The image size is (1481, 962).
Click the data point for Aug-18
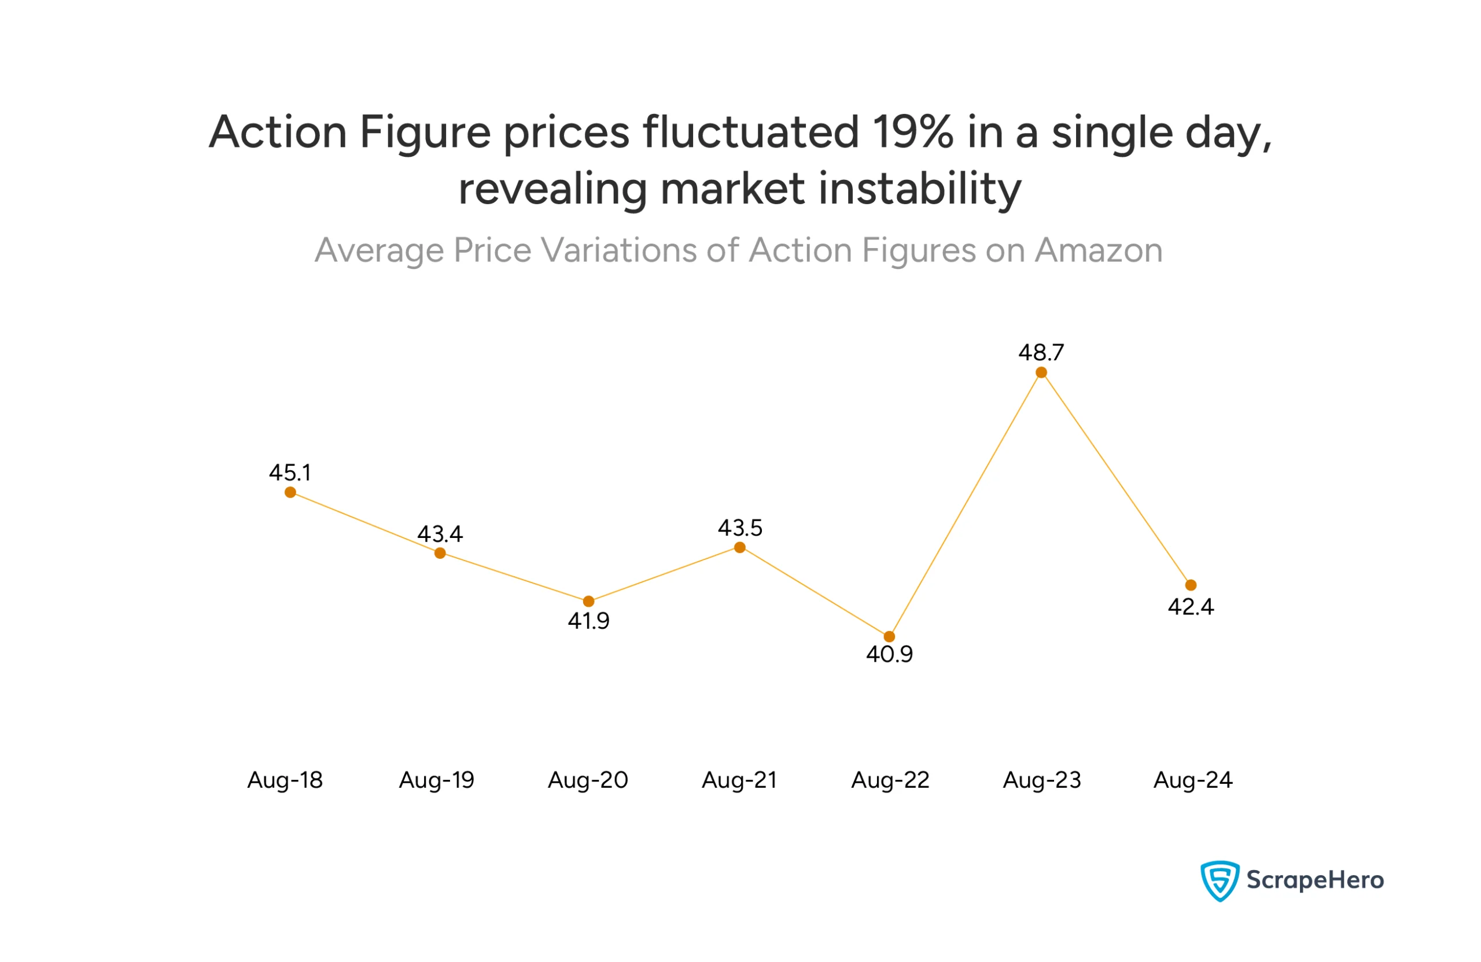(x=290, y=492)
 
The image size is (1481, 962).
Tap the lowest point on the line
(x=889, y=636)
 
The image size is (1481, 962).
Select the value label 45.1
(x=289, y=473)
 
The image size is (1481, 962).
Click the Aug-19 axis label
(x=436, y=780)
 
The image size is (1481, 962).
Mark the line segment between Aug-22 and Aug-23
(x=965, y=504)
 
